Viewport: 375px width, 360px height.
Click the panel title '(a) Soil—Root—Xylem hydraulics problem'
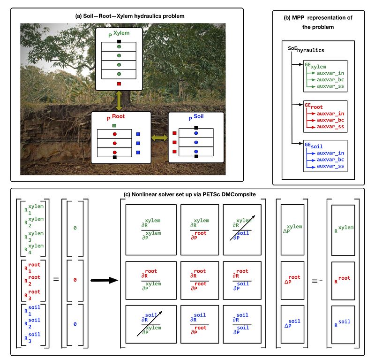pyautogui.click(x=130, y=16)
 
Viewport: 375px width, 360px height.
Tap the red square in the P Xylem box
pyautogui.click(x=119, y=84)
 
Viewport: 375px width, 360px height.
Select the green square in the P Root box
pyautogui.click(x=114, y=125)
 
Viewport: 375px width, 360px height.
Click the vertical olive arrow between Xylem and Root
pyautogui.click(x=119, y=101)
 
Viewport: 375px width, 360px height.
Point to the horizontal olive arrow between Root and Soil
pyautogui.click(x=159, y=138)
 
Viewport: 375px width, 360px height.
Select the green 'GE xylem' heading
pyautogui.click(x=315, y=67)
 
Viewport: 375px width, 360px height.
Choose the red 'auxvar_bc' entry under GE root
pyautogui.click(x=330, y=120)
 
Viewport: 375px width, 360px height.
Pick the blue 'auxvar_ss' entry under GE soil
pyautogui.click(x=330, y=166)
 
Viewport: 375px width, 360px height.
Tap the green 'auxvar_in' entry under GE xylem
pyautogui.click(x=330, y=73)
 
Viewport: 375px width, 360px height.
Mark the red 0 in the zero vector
pyautogui.click(x=75, y=279)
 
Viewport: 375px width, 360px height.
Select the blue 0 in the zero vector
pyautogui.click(x=75, y=324)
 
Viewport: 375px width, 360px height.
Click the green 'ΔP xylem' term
pyautogui.click(x=293, y=230)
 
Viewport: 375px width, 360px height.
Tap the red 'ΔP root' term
pyautogui.click(x=293, y=280)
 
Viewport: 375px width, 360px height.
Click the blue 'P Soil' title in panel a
pyautogui.click(x=197, y=118)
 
